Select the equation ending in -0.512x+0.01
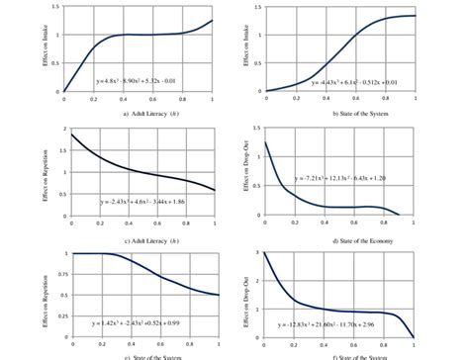(x=354, y=83)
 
